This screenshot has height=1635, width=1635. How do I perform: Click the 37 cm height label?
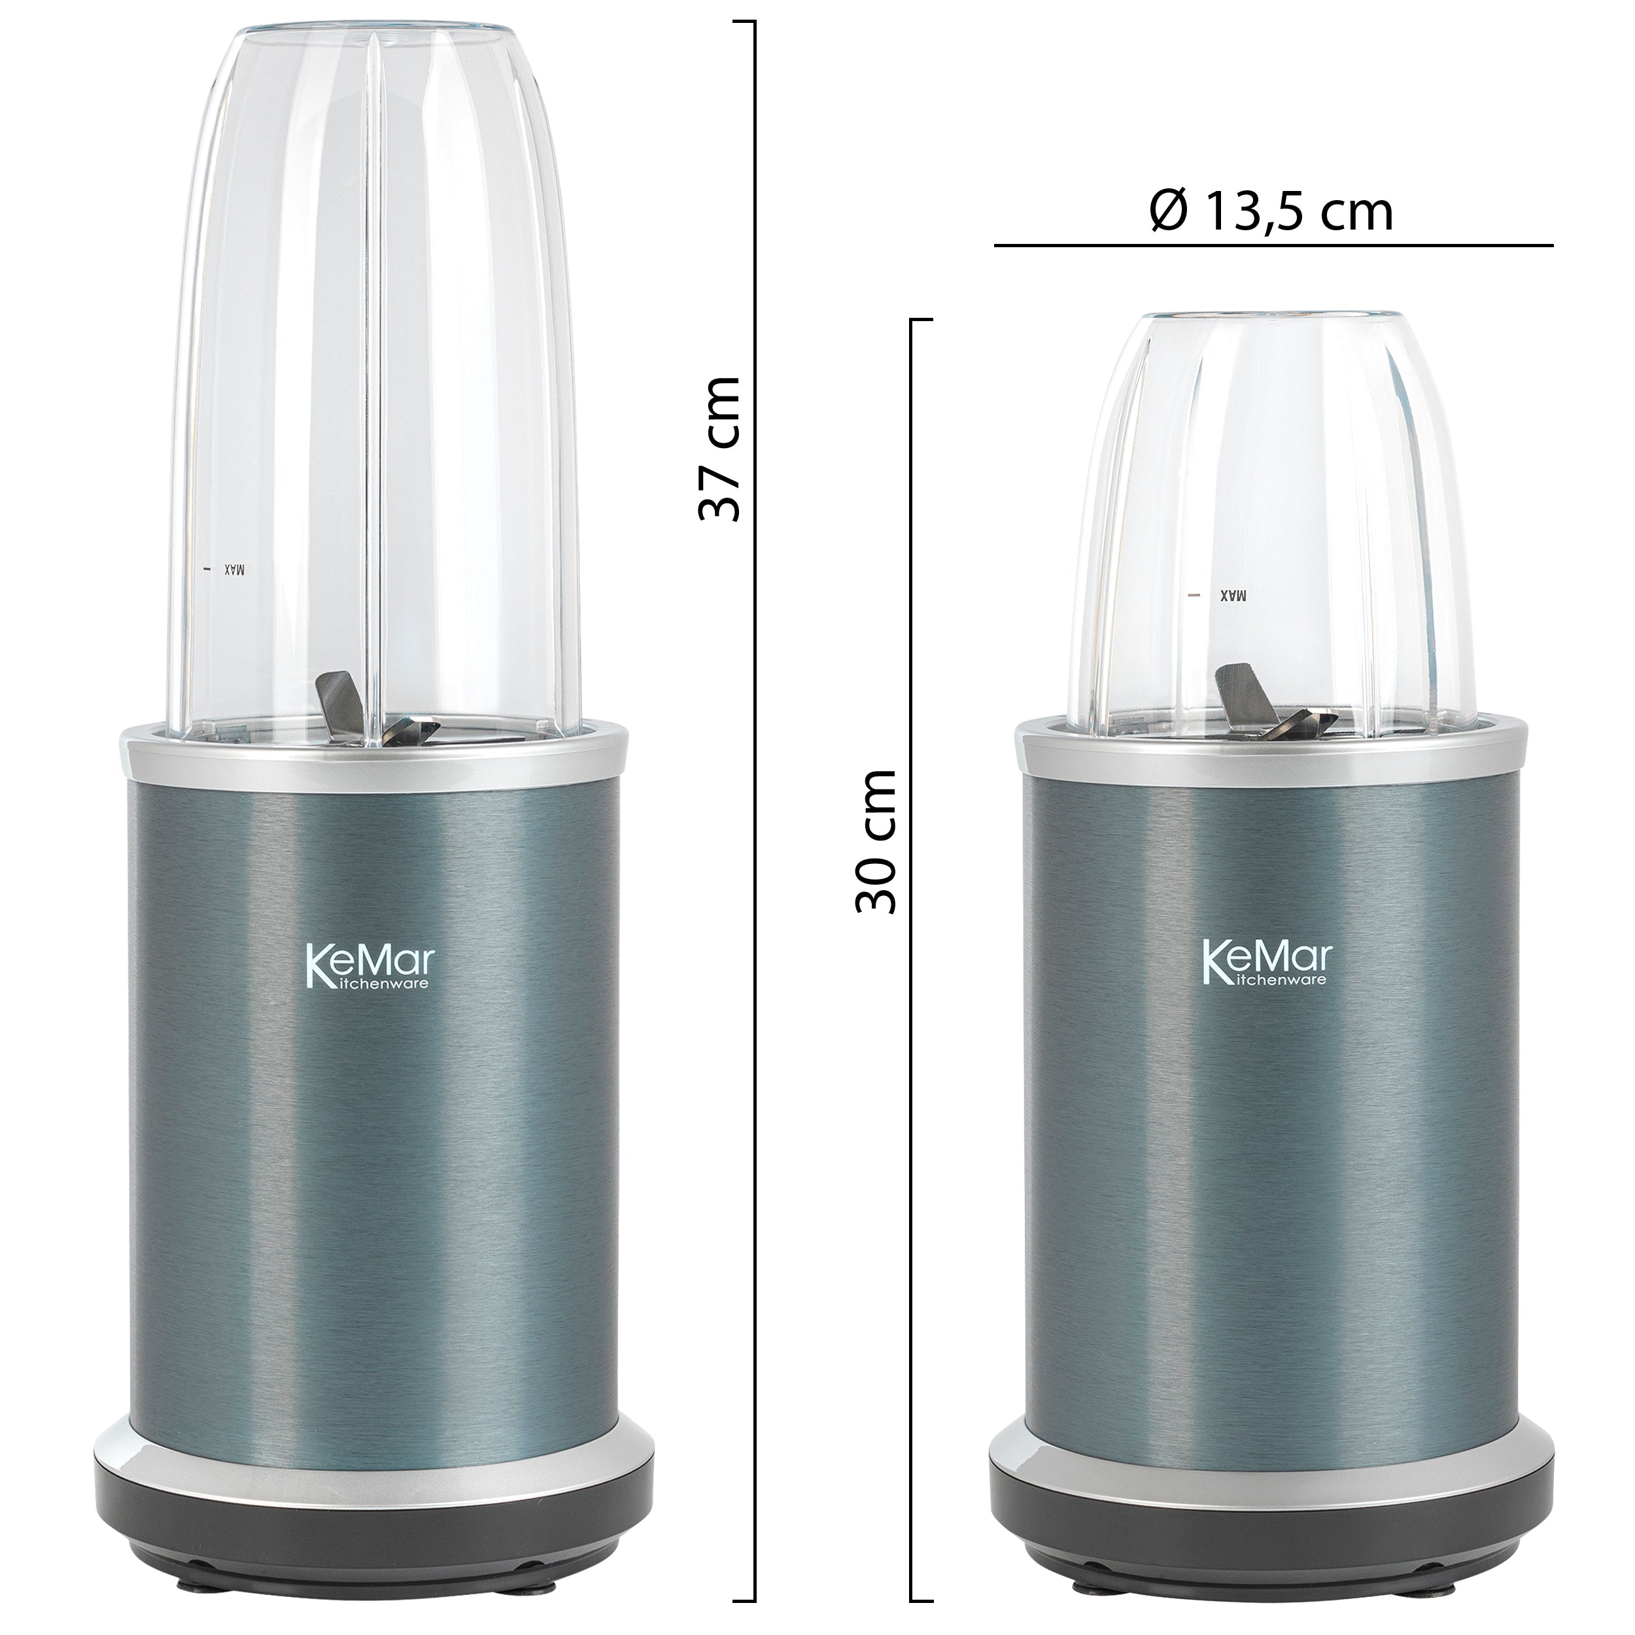(x=719, y=448)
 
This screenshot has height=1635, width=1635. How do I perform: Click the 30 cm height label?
(x=875, y=840)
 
